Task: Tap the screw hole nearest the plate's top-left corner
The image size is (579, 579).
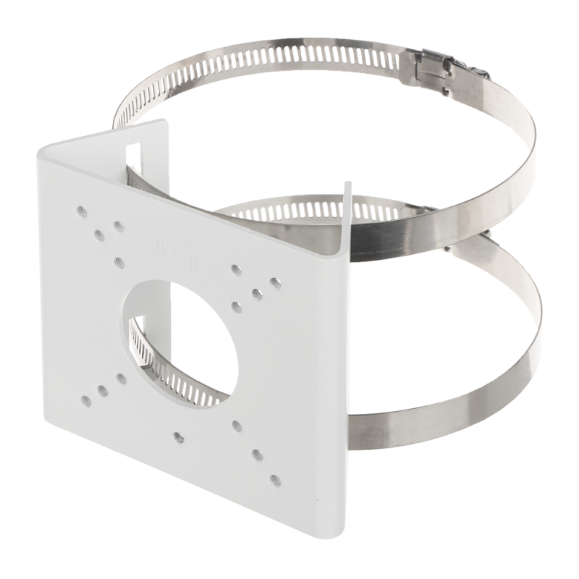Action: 80,211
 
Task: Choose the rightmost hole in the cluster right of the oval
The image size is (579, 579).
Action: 274,280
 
